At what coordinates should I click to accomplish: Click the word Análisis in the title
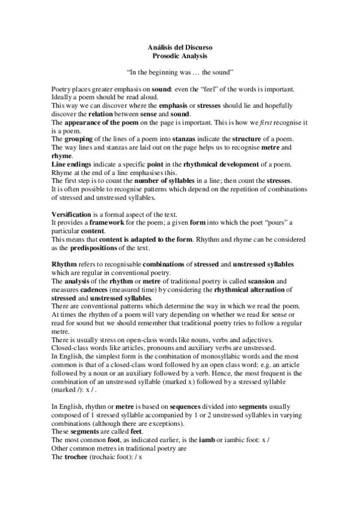[x=159, y=46]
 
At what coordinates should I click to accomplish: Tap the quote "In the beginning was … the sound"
[x=180, y=72]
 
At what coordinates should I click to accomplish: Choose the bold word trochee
[x=78, y=464]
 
